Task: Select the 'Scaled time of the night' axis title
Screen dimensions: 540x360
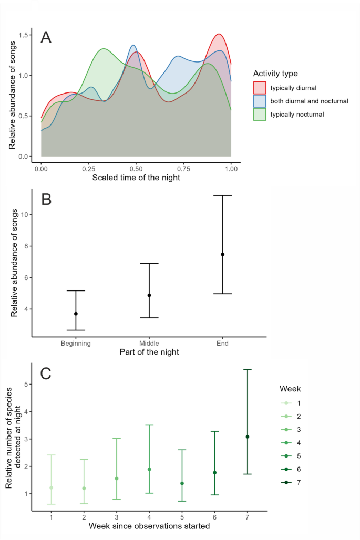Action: (136, 177)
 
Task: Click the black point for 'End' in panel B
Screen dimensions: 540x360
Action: (223, 254)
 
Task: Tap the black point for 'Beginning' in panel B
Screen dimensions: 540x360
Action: (76, 314)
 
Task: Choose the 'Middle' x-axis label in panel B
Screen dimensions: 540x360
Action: (149, 344)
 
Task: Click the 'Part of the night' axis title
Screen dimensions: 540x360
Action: (149, 352)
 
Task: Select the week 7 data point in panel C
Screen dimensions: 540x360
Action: (247, 437)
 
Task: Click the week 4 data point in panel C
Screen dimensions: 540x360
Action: (149, 469)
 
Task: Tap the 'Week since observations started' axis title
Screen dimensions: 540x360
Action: (149, 526)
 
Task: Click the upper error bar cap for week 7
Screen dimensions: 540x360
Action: (247, 370)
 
